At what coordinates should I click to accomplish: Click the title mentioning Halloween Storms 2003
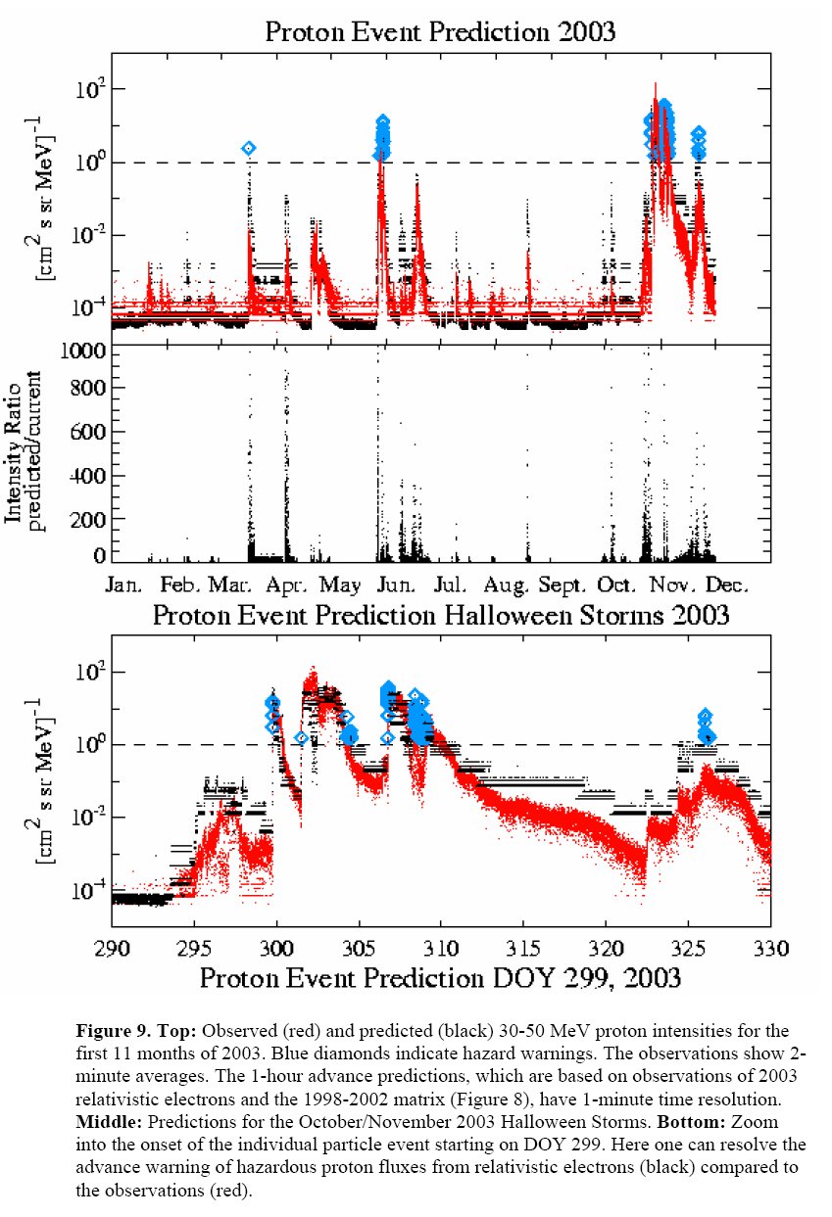(440, 615)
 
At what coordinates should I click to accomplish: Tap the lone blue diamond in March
(249, 148)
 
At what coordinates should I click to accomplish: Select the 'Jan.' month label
(124, 585)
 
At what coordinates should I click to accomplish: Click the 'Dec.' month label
(727, 585)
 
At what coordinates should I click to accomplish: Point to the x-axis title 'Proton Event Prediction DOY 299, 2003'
(441, 977)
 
